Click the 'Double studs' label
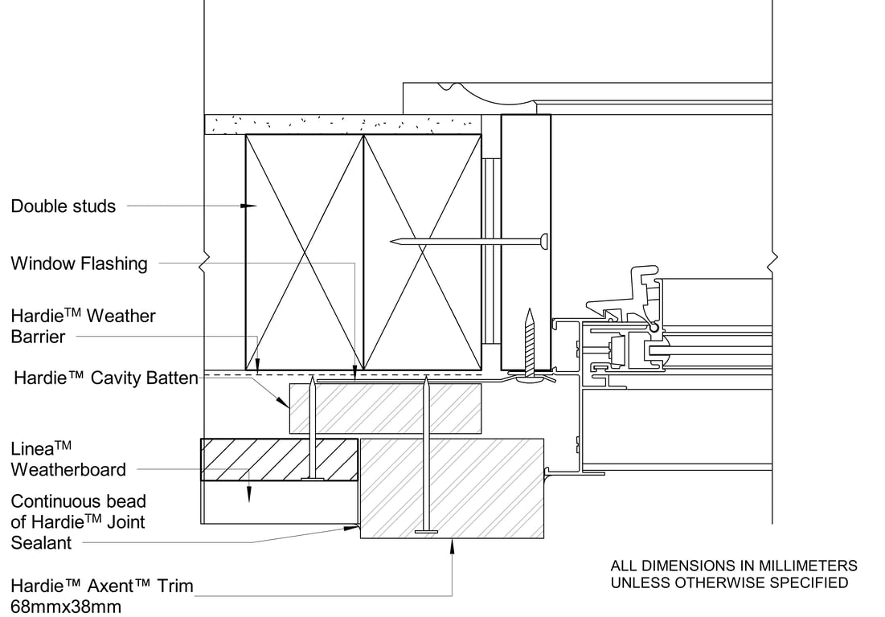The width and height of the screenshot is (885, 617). tap(64, 206)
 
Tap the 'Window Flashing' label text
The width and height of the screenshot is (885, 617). tap(79, 264)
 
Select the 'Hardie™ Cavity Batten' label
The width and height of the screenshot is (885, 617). tap(106, 378)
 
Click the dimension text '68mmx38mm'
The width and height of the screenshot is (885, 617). tap(66, 607)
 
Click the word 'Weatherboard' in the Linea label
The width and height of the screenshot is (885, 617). tap(68, 470)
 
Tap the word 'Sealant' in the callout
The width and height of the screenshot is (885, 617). tap(41, 543)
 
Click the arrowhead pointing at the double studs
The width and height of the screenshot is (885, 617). tap(249, 206)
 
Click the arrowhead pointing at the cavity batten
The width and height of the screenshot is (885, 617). tap(283, 402)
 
